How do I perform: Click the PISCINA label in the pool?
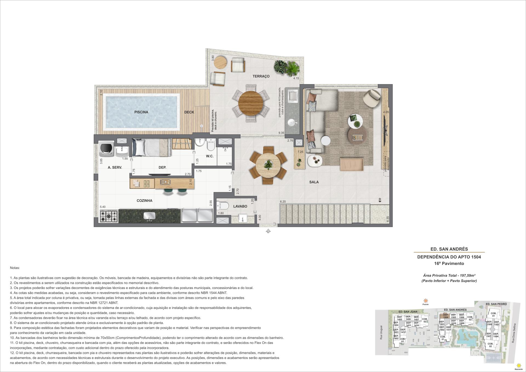(x=141, y=112)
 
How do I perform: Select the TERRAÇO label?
(x=261, y=76)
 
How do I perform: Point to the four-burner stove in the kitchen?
(x=109, y=216)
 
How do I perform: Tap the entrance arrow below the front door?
(x=268, y=231)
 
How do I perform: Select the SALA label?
(x=314, y=182)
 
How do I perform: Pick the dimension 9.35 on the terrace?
(x=281, y=133)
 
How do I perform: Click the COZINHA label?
(x=144, y=201)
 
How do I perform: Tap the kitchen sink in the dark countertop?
(x=149, y=216)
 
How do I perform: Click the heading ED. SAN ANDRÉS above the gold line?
(x=449, y=249)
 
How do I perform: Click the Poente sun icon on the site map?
(x=425, y=301)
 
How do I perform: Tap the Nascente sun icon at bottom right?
(x=518, y=366)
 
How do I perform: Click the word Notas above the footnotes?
(x=15, y=268)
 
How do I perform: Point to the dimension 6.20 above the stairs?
(x=283, y=202)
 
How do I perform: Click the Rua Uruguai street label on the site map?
(x=381, y=333)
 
